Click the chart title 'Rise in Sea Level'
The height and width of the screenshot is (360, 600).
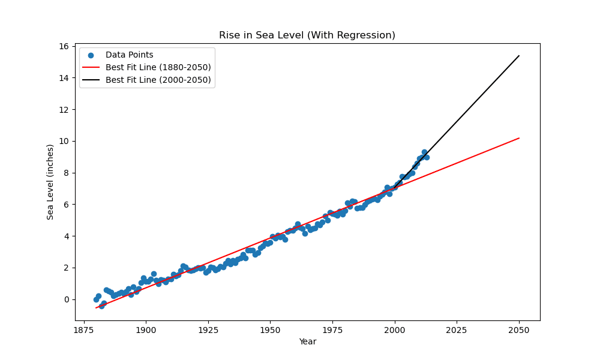click(307, 35)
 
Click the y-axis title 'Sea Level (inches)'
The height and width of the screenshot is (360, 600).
click(50, 182)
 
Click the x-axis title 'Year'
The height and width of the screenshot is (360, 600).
click(307, 342)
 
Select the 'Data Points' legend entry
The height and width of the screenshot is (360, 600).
click(129, 55)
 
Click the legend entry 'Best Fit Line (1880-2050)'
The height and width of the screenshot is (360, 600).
click(158, 67)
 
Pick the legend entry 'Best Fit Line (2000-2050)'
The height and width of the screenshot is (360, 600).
click(158, 80)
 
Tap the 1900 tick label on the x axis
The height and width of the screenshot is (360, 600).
click(146, 329)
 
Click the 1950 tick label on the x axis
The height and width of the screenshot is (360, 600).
click(270, 329)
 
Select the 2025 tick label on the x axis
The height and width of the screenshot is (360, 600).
click(457, 329)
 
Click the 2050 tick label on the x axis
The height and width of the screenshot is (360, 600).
click(519, 329)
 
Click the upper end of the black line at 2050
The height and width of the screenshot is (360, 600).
click(519, 56)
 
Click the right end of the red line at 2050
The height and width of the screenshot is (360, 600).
click(519, 138)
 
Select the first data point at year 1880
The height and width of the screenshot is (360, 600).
click(96, 299)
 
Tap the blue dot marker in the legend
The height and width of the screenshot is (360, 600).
click(92, 55)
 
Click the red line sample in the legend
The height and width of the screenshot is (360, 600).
click(92, 67)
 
